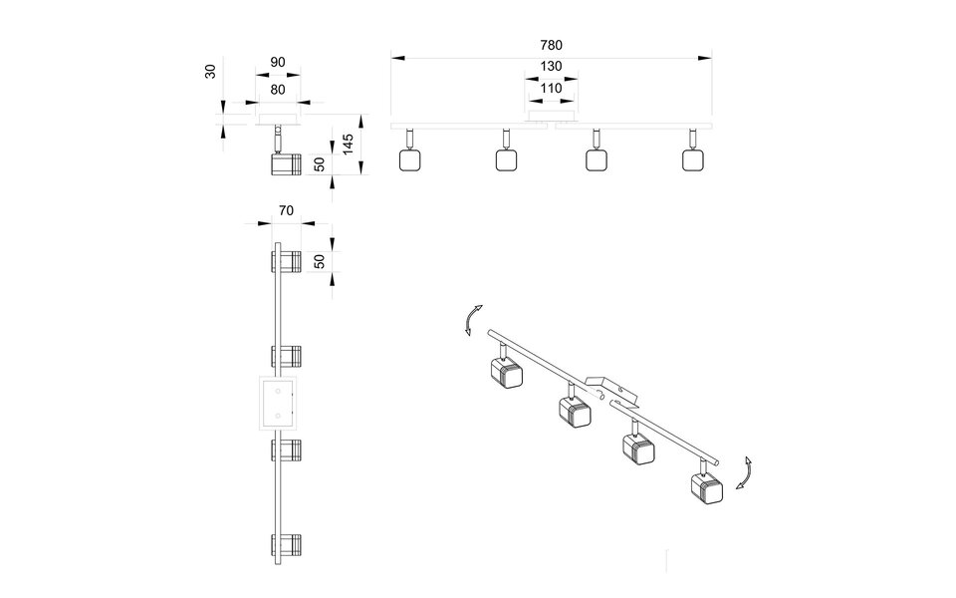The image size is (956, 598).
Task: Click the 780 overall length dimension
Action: [552, 45]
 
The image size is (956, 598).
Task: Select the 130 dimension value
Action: [552, 67]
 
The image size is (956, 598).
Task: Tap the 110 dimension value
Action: [552, 88]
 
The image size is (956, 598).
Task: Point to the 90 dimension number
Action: [278, 62]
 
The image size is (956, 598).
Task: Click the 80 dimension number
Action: [278, 89]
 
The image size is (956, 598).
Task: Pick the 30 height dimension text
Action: [211, 74]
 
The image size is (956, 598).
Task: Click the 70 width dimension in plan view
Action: [286, 210]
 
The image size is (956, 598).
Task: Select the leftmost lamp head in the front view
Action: [408, 159]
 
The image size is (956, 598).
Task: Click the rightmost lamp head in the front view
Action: [693, 159]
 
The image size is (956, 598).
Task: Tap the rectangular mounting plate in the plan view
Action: [277, 403]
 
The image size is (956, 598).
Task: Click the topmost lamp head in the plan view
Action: [285, 261]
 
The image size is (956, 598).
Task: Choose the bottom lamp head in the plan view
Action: [285, 546]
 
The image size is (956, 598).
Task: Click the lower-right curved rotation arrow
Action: [743, 471]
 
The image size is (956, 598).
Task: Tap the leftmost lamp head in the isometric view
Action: [505, 374]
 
